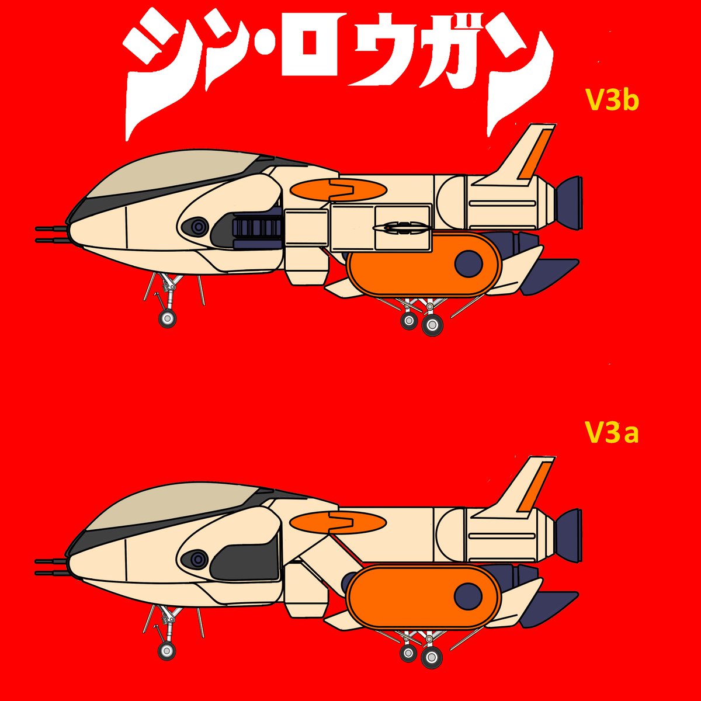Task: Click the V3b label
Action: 612,101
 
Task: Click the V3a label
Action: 611,434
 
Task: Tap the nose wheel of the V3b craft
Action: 168,318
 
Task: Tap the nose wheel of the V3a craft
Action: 166,651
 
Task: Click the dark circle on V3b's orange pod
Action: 469,263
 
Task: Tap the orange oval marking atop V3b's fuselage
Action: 338,190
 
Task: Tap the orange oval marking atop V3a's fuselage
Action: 338,522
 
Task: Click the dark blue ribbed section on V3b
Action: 257,227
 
